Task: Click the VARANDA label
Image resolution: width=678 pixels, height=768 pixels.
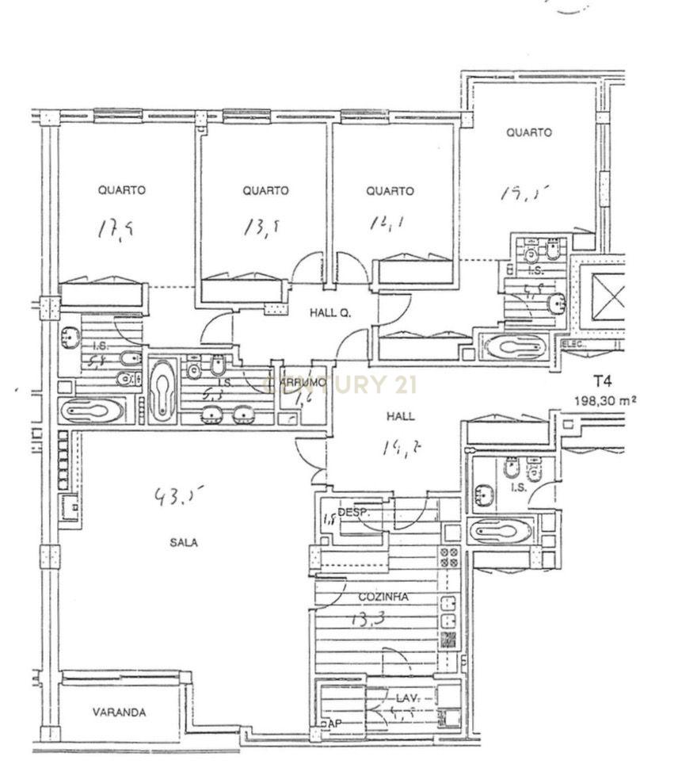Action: click(x=119, y=712)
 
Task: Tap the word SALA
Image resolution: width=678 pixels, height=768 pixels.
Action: click(x=183, y=543)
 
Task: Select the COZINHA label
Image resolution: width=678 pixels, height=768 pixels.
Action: click(x=383, y=598)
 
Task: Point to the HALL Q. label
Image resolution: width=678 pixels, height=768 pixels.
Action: click(x=329, y=313)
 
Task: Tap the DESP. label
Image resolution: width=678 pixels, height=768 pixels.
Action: click(x=353, y=513)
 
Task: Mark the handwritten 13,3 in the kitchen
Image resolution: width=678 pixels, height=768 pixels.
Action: click(x=364, y=621)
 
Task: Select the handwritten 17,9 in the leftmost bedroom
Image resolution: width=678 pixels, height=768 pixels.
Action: click(x=115, y=230)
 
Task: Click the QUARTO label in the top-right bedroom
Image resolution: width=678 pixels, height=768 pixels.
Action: click(x=529, y=132)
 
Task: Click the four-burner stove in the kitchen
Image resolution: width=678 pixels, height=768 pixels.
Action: click(x=449, y=557)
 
